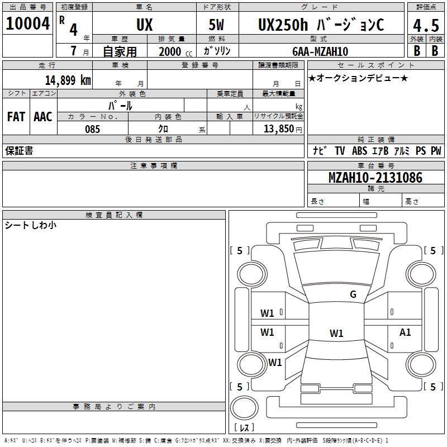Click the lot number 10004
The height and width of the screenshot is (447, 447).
click(27, 24)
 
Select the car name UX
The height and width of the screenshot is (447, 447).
click(144, 25)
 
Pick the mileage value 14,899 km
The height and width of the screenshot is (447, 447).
click(68, 80)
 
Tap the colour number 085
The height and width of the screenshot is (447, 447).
click(92, 129)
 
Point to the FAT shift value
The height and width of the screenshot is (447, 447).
click(16, 117)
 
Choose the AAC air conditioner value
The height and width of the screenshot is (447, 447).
click(42, 117)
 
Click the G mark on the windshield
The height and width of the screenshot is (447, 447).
click(353, 294)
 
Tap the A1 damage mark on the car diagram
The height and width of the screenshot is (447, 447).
click(405, 332)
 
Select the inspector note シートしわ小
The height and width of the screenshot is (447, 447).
click(31, 225)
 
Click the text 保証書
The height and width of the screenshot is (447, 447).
click(19, 150)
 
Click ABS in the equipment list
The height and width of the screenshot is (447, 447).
click(359, 150)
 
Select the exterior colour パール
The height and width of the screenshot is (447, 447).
click(120, 106)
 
